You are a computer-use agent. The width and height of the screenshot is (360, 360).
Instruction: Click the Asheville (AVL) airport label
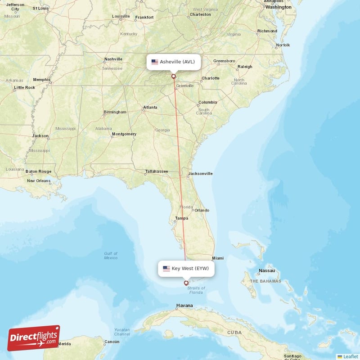point(174,62)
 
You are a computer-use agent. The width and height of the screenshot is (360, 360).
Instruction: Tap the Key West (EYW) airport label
point(186,269)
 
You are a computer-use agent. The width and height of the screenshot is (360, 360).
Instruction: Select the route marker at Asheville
point(174,76)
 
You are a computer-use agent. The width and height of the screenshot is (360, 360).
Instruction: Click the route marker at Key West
point(186,283)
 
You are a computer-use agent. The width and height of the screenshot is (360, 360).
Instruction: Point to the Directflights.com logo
point(34,338)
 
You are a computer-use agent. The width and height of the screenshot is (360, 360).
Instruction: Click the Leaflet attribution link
point(350,356)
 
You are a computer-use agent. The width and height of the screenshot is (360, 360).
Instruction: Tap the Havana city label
point(184,306)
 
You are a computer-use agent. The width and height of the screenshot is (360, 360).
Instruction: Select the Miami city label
point(218,258)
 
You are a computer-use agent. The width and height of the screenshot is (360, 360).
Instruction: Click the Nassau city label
point(266,271)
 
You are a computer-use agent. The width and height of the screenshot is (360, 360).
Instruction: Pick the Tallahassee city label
point(157,171)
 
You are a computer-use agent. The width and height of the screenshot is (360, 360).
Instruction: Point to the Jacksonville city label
point(200,173)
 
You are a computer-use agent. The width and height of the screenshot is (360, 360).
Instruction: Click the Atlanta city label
point(150,108)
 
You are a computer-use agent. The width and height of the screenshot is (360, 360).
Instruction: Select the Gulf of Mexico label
point(111,256)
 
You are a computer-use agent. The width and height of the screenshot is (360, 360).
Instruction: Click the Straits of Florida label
point(196,290)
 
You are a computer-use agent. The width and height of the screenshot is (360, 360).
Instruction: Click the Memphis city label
point(42,80)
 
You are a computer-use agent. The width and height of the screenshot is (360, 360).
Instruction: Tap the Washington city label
point(278,7)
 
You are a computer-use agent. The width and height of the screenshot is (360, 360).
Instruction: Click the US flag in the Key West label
point(166,269)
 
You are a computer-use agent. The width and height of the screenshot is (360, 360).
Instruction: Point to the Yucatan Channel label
point(122,332)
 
